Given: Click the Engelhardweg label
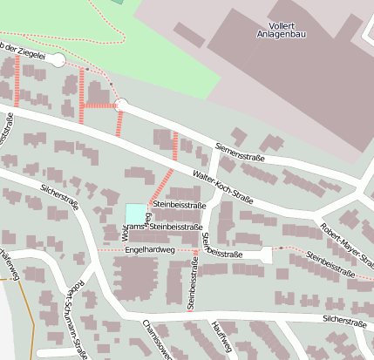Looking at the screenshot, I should [x=150, y=249].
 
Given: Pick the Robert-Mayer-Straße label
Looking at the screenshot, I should [x=347, y=245].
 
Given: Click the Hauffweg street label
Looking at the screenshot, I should [x=221, y=341].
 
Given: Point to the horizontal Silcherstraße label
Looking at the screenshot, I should [x=344, y=321].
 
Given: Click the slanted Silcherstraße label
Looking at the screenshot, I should [x=60, y=198].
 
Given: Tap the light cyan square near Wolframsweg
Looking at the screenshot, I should [x=136, y=213].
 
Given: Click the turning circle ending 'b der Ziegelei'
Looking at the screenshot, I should [x=58, y=60].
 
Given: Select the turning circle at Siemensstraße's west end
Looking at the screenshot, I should [x=121, y=105].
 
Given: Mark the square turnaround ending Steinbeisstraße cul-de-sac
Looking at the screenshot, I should [x=266, y=254].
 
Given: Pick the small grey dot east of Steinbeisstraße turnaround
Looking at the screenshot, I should [x=281, y=248].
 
